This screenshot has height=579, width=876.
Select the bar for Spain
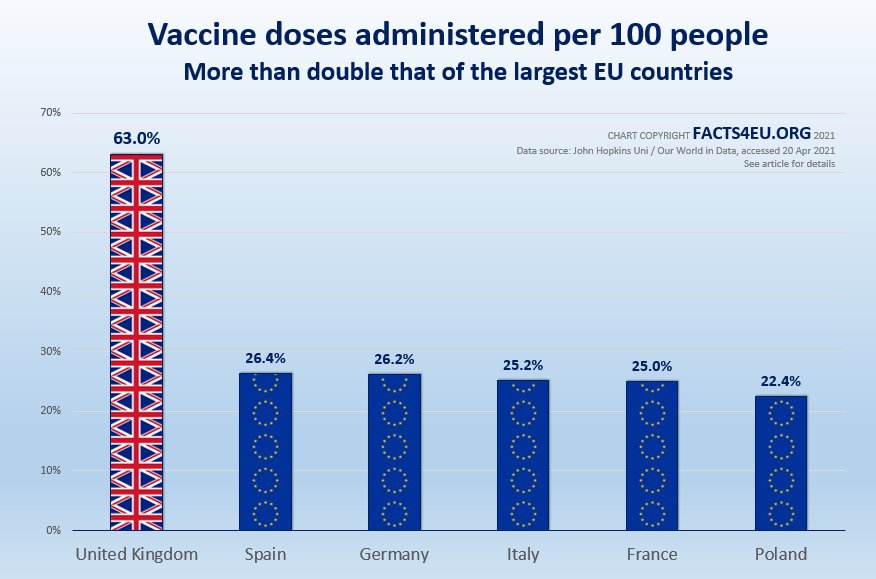tap(265, 451)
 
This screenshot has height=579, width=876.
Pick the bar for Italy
tap(523, 455)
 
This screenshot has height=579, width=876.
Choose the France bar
tap(652, 455)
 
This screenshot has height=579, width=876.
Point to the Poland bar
tap(781, 463)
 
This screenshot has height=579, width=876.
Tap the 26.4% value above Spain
tap(265, 358)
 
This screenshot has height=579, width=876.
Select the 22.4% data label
tap(781, 381)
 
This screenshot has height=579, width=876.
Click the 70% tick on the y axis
tap(50, 113)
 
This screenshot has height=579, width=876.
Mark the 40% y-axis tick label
tap(50, 292)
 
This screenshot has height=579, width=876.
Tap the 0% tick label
tap(53, 530)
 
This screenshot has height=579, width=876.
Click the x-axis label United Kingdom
tap(137, 554)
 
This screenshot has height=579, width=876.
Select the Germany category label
tap(394, 554)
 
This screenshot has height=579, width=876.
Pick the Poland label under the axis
tap(781, 554)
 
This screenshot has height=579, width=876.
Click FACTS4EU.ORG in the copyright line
tap(751, 134)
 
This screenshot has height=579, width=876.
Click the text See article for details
tap(790, 164)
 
